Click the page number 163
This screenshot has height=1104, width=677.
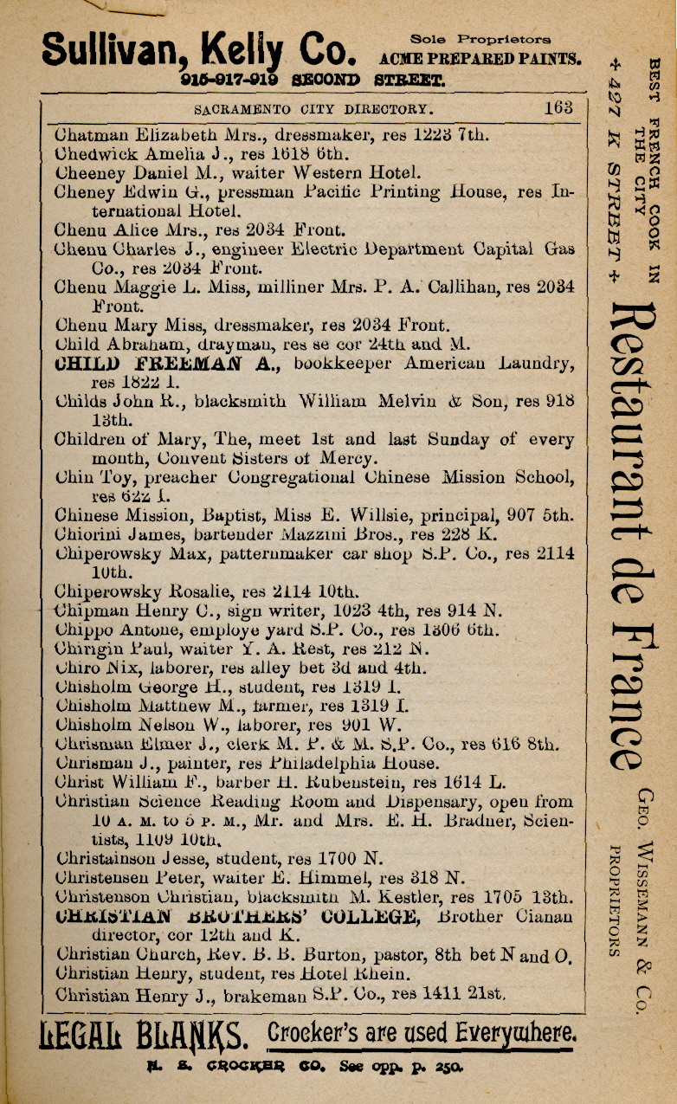558,109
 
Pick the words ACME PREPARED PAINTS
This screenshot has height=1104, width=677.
480,58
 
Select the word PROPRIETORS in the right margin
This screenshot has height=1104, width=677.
614,901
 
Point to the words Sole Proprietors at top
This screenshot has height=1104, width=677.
480,39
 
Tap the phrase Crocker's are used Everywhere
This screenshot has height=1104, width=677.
421,1033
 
